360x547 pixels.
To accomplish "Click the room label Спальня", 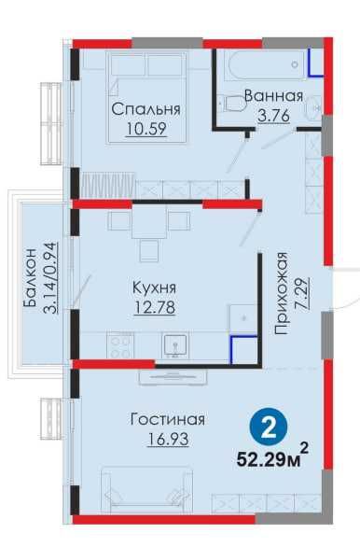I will click(145, 109).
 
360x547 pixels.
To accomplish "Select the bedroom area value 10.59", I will click(145, 129).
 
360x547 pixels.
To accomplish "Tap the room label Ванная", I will click(273, 96).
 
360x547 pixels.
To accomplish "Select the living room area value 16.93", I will click(167, 438).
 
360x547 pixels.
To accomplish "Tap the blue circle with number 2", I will click(269, 429).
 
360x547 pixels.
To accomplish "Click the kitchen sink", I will click(173, 347).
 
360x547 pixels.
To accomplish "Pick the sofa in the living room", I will click(149, 490).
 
